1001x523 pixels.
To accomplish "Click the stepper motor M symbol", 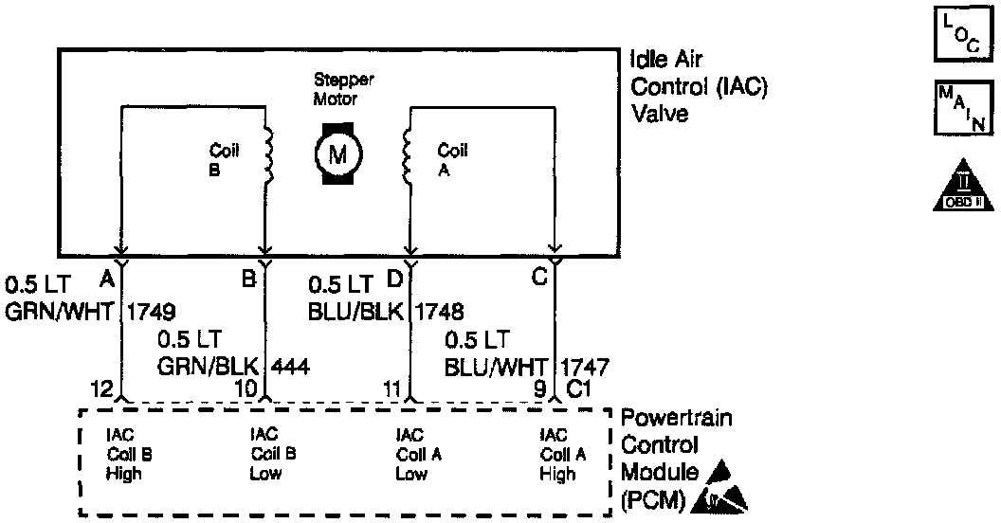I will click(x=336, y=153).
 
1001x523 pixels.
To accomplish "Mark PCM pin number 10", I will click(x=246, y=388).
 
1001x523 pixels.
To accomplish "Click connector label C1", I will click(x=578, y=388).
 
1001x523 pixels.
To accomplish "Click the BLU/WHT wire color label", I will click(x=496, y=365).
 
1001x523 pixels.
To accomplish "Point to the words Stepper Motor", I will click(x=336, y=91).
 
